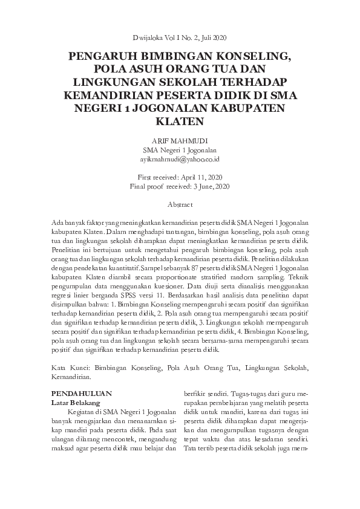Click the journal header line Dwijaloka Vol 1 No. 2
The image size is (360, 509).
[180, 37]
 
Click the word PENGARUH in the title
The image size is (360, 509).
[99, 57]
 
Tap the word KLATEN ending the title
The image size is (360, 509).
[180, 120]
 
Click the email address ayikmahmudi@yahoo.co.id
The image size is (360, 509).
[180, 158]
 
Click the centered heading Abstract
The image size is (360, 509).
[180, 205]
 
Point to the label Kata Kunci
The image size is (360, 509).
[66, 368]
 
